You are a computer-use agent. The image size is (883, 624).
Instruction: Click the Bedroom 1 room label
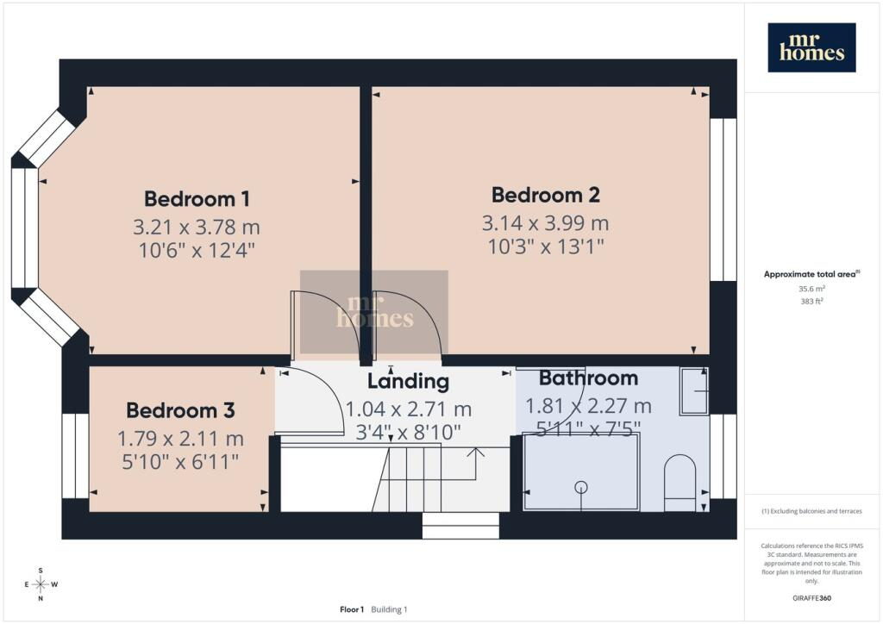197,198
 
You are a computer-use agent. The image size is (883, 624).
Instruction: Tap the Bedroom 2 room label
546,195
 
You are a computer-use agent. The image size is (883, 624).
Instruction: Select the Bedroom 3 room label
180,410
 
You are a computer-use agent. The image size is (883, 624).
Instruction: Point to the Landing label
408,381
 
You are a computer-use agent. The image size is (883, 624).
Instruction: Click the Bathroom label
588,378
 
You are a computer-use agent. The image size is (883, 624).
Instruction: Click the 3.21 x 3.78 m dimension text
197,228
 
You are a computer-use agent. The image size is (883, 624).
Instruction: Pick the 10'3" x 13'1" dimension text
546,246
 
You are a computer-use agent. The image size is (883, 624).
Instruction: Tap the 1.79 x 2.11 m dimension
180,439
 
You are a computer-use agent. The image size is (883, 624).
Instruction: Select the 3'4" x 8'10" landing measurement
408,432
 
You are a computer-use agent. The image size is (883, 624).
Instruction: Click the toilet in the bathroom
679,483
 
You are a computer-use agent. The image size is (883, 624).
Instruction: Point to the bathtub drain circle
580,487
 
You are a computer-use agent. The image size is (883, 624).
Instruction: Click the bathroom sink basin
694,391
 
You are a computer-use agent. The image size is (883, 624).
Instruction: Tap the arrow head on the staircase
477,452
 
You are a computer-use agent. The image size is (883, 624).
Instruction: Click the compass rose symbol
41,584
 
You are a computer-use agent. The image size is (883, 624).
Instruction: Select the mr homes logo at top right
811,47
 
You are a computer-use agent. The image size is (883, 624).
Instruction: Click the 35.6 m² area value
811,289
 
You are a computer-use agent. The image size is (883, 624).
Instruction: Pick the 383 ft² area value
811,301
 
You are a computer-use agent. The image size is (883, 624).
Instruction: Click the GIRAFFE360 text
811,598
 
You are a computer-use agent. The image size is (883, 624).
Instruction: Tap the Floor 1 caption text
352,609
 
